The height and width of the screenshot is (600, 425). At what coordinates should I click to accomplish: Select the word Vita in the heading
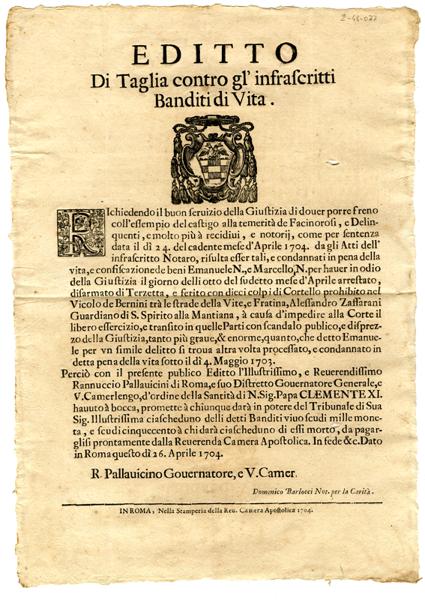point(254,97)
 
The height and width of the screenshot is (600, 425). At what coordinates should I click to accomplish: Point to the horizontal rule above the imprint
point(212,502)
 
